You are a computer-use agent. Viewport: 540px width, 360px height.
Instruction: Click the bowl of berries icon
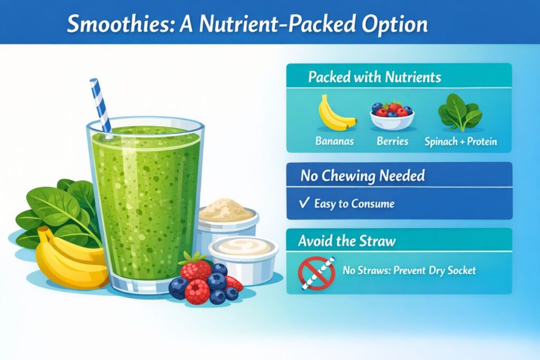tap(392, 115)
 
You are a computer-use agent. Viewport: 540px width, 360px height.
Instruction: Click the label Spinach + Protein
tap(461, 142)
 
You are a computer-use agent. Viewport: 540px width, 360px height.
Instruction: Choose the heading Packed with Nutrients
tap(374, 77)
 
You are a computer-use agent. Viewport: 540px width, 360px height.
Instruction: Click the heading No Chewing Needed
tap(363, 175)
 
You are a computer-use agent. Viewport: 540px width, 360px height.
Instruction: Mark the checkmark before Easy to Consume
tap(304, 203)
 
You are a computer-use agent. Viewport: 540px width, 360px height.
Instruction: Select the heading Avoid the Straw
tap(346, 241)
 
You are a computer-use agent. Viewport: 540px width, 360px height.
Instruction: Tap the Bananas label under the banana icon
tap(334, 142)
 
